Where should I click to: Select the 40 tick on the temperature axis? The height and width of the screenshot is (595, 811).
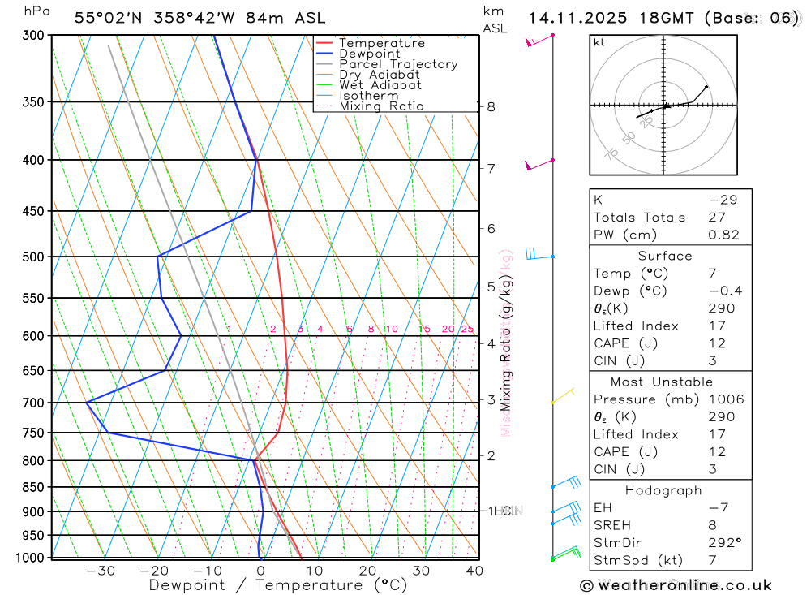pos(474,571)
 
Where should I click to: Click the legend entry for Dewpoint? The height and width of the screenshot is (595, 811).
pos(369,54)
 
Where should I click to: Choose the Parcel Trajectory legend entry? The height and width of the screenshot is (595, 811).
pos(397,64)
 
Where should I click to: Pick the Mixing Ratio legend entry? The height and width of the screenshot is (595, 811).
pos(381,106)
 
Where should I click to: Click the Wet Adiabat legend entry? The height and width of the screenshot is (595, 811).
pos(380,85)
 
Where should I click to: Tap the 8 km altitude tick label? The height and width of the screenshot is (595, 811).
pos(491,106)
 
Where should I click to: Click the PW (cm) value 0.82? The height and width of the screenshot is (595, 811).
pos(723,235)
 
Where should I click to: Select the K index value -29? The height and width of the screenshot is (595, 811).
pos(718,200)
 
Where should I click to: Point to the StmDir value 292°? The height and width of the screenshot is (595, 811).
pos(724,543)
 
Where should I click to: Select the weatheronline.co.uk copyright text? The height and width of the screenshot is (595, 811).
pos(676,585)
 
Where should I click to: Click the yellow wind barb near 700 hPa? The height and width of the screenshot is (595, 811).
pos(562,396)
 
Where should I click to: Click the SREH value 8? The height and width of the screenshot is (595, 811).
pos(711,525)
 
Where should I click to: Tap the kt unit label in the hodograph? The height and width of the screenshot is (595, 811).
pos(599,42)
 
